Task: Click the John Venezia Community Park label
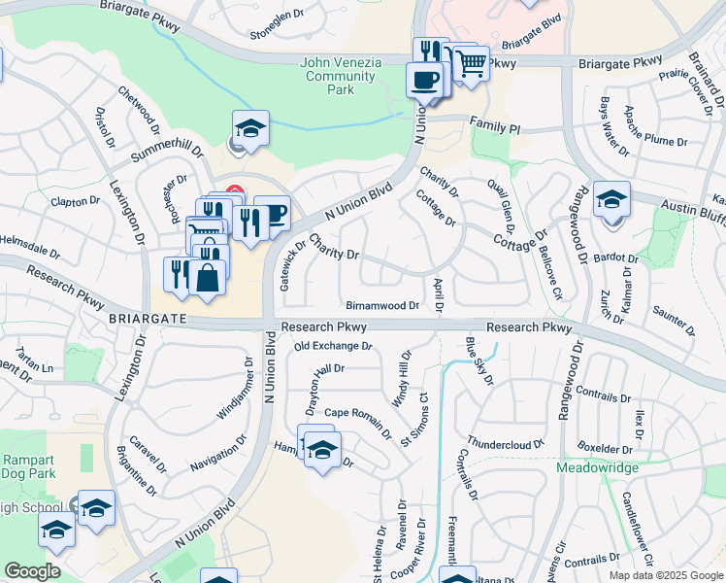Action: (341, 76)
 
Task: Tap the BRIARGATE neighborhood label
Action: (143, 318)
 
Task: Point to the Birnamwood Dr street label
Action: (382, 305)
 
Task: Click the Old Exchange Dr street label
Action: (333, 346)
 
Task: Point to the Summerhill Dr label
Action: (167, 153)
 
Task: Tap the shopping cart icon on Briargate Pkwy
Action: (472, 63)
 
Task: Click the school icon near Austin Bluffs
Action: (611, 200)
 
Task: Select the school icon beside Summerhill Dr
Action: (249, 128)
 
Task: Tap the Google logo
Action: (32, 571)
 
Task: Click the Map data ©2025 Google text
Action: (665, 575)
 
